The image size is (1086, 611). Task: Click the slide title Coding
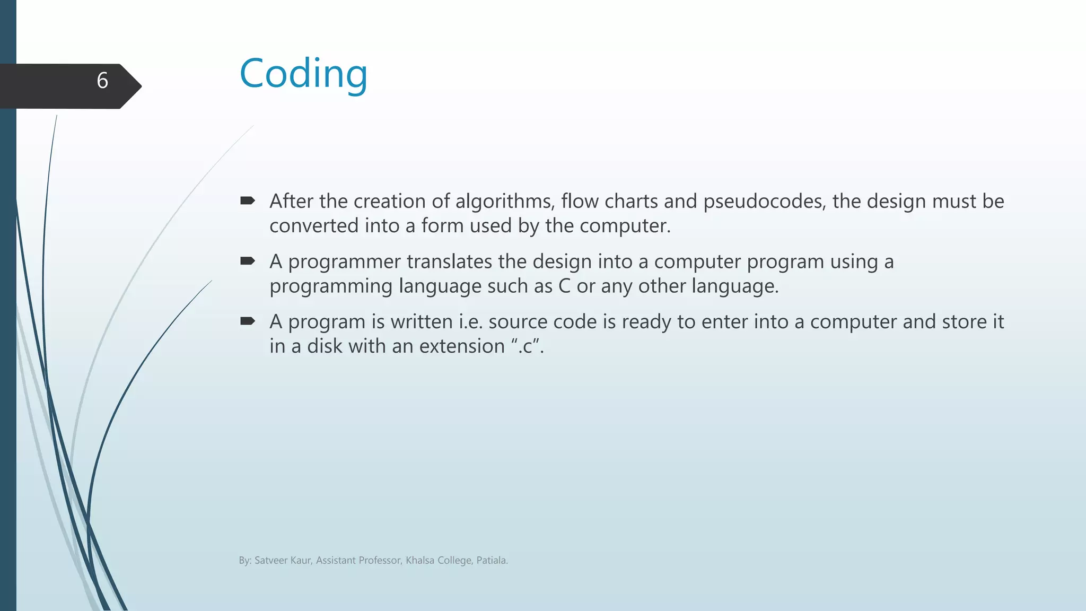point(303,74)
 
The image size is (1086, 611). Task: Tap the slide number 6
point(102,81)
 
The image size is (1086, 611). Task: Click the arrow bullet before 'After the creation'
point(248,200)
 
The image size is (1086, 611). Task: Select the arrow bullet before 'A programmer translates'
point(248,260)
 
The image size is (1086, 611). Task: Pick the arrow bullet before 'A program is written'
point(248,321)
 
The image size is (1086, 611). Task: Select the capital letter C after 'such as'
point(564,286)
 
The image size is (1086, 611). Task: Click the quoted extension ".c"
point(526,346)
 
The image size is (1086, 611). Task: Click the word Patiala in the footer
point(492,561)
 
